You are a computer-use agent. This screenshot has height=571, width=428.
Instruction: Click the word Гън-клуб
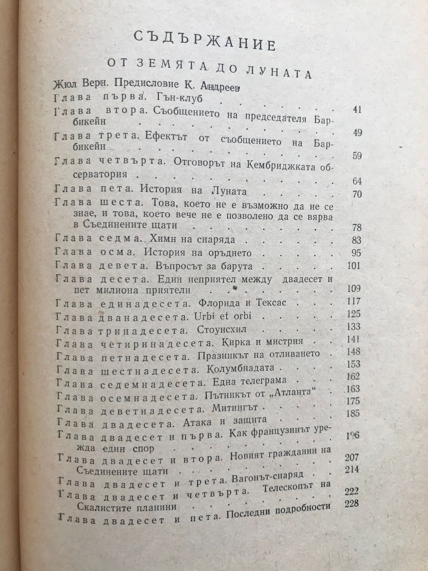[x=180, y=98]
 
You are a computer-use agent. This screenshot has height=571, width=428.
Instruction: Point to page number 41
[x=356, y=110]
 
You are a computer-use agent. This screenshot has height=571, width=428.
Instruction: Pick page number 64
[x=357, y=181]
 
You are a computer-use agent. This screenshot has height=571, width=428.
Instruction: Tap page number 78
[x=356, y=228]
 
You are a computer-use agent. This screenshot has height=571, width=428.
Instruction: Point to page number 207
[x=352, y=458]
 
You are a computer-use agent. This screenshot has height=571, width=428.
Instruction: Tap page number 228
[x=352, y=503]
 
